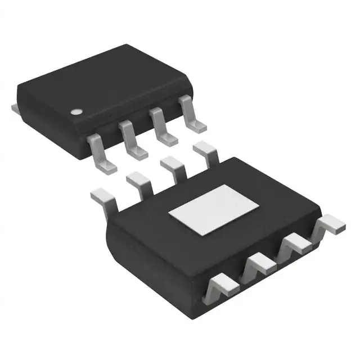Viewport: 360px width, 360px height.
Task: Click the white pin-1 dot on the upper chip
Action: [75, 110]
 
